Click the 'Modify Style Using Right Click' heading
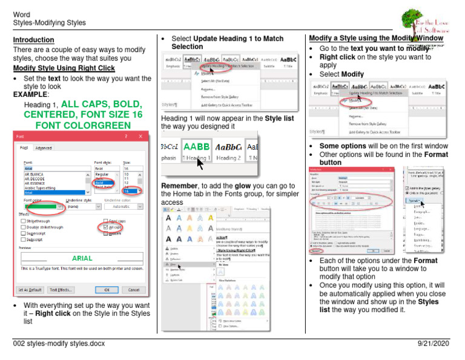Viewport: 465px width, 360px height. pos(64,68)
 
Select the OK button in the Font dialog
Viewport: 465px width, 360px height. pos(107,290)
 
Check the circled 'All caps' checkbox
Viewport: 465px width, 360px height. pos(107,227)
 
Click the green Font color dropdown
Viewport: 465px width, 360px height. pos(44,207)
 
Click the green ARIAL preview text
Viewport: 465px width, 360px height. pos(82,258)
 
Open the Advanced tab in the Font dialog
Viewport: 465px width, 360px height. pos(44,147)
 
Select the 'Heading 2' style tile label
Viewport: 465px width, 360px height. pos(228,158)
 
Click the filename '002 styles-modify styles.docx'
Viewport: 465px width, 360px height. pos(59,344)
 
